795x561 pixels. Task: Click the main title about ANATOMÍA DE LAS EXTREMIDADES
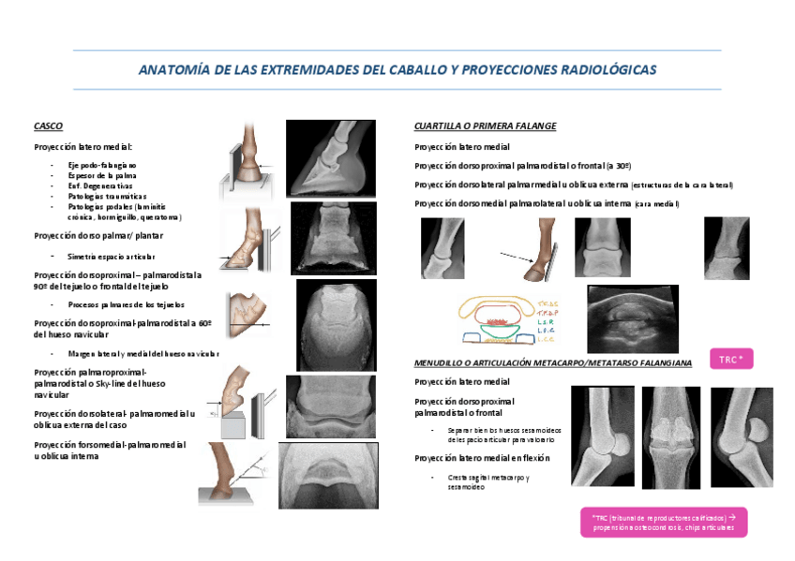(397, 70)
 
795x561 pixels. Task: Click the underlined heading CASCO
(48, 125)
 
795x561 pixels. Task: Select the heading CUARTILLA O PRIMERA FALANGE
(485, 125)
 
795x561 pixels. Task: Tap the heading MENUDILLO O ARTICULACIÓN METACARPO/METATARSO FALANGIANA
(553, 362)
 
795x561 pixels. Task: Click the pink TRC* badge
(730, 359)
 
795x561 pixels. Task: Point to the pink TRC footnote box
(664, 523)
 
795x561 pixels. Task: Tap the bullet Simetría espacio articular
(112, 256)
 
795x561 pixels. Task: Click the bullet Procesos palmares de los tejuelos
(126, 304)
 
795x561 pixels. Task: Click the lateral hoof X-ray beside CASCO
(329, 158)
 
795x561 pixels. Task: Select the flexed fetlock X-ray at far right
(742, 436)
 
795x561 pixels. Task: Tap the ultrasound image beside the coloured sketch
(633, 318)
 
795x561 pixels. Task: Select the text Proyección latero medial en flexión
(482, 458)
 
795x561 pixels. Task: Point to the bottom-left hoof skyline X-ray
(329, 476)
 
